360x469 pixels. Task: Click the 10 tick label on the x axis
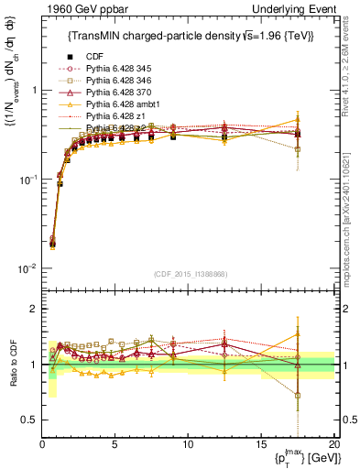[x=187, y=444]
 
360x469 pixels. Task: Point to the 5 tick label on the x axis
[x=115, y=444]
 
